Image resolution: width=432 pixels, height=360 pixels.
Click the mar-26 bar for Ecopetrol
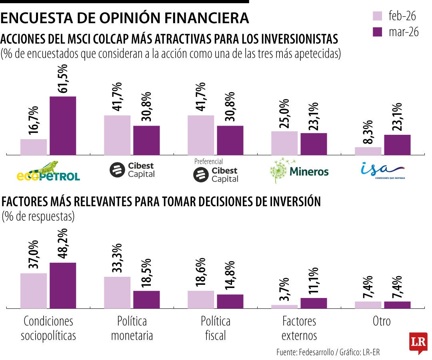click(x=63, y=125)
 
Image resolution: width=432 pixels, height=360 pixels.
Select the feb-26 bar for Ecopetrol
click(x=34, y=147)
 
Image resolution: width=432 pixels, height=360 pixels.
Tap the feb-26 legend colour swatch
click(x=378, y=16)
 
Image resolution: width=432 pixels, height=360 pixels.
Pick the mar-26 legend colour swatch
click(x=378, y=32)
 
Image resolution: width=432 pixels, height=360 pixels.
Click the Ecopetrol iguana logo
click(x=48, y=171)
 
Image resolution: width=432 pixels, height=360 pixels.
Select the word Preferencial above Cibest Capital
click(x=208, y=162)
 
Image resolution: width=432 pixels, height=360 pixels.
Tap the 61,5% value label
click(x=63, y=79)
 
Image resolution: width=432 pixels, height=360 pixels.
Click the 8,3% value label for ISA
click(x=368, y=132)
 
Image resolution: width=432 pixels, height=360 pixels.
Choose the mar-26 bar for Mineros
click(x=314, y=144)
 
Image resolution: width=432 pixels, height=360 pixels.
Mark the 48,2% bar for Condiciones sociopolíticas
click(x=63, y=285)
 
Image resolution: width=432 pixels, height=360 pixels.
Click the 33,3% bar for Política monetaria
click(x=117, y=292)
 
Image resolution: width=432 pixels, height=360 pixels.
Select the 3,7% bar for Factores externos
click(x=284, y=306)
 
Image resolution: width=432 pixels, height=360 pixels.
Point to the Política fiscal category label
click(x=216, y=328)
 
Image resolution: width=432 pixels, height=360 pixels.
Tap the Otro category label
click(x=381, y=321)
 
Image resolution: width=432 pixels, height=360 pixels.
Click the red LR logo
click(x=418, y=342)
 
